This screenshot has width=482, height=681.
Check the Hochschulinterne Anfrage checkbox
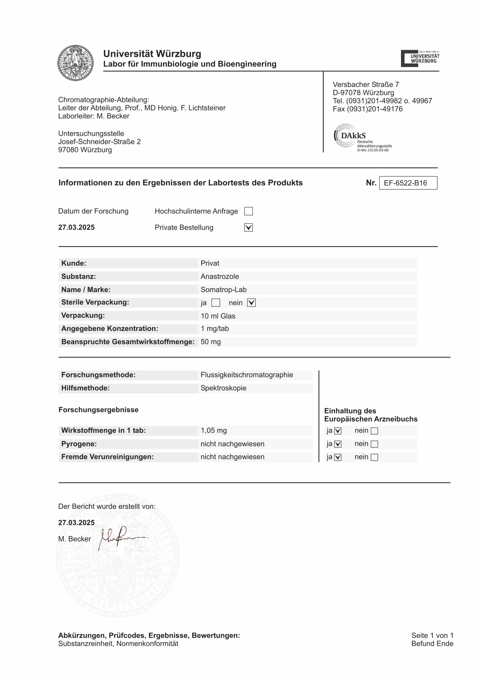(248, 211)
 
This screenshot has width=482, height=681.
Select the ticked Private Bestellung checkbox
(248, 228)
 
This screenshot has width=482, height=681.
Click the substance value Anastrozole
(220, 277)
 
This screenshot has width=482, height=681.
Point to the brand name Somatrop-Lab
(223, 290)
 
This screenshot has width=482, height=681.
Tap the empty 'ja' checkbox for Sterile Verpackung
(216, 303)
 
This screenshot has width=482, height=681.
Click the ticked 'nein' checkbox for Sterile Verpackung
(251, 303)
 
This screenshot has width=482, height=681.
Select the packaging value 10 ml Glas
(218, 316)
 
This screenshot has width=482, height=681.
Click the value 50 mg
(211, 342)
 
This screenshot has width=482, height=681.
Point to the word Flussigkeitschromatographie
(247, 375)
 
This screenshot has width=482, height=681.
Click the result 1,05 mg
(214, 431)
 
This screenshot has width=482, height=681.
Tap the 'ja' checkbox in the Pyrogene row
(338, 444)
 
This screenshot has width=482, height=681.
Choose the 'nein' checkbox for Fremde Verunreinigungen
(375, 457)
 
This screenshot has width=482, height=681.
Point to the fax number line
(367, 109)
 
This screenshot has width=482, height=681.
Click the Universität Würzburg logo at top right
(420, 59)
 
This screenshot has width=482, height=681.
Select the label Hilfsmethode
(85, 388)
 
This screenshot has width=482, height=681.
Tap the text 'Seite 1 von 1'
(432, 636)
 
